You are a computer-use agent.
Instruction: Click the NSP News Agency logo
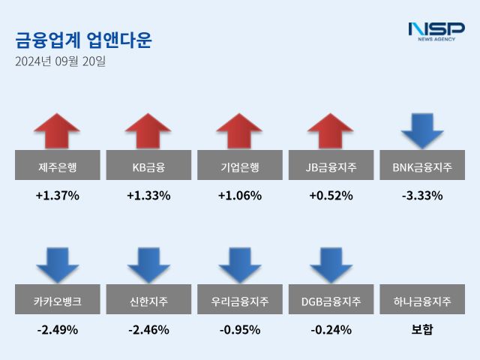coord(436,31)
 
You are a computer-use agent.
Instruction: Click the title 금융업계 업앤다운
coord(82,40)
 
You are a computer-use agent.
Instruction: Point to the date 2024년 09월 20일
coord(60,61)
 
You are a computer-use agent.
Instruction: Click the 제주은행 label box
coord(57,165)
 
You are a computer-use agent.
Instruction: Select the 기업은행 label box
coord(240,165)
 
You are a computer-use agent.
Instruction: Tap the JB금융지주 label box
coord(331,165)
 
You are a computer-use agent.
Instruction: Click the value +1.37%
coord(57,196)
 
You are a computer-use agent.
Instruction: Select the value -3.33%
coord(422,196)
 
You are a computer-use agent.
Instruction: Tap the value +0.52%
coord(331,196)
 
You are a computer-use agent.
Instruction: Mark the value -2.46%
coord(148,329)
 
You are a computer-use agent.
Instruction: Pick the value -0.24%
coord(331,329)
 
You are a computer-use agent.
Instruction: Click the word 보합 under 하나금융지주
coord(422,329)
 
